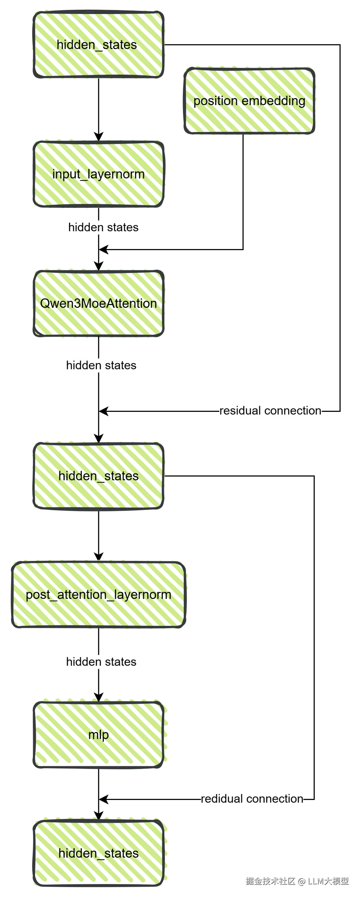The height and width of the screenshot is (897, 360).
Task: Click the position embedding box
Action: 249,101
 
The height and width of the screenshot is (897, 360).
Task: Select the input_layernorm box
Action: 99,173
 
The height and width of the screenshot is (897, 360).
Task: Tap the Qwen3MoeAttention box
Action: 99,303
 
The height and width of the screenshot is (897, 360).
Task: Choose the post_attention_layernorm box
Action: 99,595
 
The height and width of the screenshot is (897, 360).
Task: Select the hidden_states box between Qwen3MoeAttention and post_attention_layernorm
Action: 99,476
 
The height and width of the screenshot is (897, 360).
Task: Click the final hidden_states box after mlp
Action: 99,853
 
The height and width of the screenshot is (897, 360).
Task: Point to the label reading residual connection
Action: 271,410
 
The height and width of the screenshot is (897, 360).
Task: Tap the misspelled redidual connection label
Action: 252,798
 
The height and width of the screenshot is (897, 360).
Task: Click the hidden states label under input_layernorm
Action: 103,227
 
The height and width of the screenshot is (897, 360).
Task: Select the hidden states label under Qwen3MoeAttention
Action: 101,365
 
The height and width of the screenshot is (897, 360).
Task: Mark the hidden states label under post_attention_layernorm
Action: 101,662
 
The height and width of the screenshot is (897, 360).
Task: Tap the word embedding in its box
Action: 273,101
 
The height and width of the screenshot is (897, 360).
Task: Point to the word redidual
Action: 221,798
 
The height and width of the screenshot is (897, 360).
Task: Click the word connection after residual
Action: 293,410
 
